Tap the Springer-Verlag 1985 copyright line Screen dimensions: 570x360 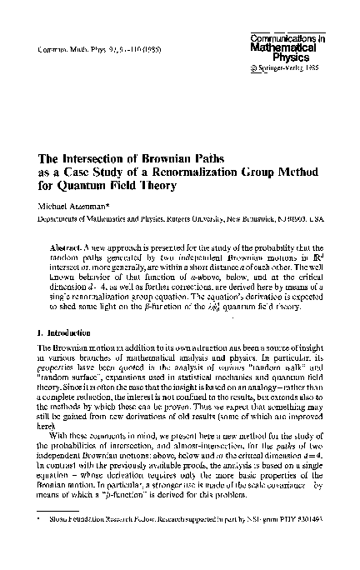[x=285, y=69]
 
